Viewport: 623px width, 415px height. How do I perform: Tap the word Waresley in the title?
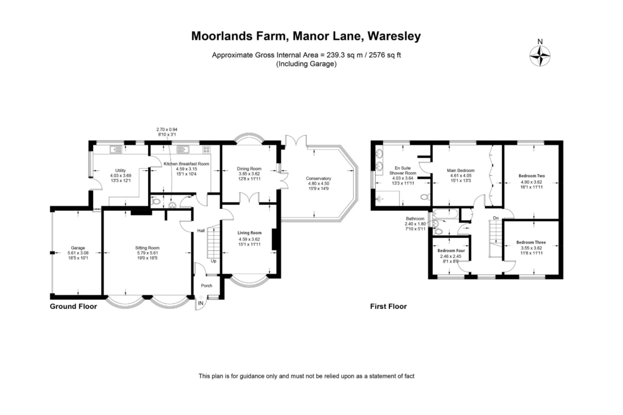(394, 36)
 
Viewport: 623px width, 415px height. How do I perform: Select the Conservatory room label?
(318, 178)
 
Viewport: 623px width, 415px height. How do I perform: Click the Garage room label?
(78, 248)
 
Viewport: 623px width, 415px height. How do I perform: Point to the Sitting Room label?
(147, 248)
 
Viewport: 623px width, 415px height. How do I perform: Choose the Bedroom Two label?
(531, 176)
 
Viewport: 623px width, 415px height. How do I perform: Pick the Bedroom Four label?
(451, 251)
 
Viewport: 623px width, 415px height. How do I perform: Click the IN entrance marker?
(201, 303)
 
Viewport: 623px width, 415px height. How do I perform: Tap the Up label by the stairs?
(214, 261)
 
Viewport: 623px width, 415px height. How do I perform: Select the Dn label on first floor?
(496, 218)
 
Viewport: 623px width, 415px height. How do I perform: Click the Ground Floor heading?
(73, 306)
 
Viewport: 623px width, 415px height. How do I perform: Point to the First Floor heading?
(388, 306)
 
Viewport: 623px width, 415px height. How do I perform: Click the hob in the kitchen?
(206, 149)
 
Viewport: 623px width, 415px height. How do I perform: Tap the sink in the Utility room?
(116, 149)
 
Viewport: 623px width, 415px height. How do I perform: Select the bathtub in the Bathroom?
(445, 214)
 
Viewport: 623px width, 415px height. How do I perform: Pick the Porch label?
(206, 286)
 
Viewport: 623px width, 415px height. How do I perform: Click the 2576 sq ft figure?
(382, 55)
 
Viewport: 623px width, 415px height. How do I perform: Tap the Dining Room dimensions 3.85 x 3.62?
(249, 174)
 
